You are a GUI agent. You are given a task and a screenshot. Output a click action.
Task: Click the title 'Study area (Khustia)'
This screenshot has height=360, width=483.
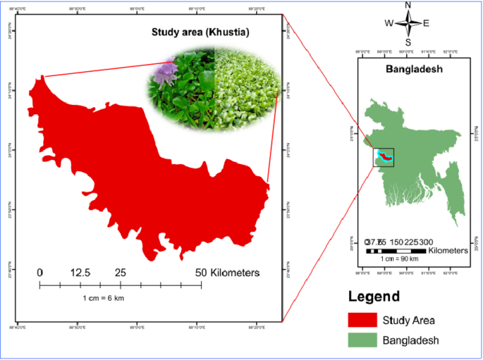201,32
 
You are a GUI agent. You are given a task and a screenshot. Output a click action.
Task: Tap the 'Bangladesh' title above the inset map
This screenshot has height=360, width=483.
413,70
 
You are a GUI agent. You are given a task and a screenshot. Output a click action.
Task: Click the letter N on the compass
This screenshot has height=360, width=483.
408,6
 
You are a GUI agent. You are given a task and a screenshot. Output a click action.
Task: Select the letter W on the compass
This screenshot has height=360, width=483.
389,23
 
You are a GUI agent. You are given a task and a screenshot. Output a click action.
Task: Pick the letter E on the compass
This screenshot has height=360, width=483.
426,23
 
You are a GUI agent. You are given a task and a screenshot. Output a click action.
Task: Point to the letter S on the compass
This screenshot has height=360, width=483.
408,41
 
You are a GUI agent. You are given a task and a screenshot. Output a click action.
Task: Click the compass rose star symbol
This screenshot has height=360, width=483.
408,23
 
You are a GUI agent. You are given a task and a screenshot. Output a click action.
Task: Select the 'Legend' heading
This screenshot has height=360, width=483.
374,297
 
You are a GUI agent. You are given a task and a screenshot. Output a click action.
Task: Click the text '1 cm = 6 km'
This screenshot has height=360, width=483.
104,298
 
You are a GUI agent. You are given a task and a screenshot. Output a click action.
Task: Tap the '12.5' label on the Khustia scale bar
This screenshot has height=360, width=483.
80,273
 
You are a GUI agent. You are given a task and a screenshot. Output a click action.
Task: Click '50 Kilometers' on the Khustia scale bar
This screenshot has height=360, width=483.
227,273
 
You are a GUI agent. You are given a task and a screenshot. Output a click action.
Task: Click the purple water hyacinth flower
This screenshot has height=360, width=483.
168,69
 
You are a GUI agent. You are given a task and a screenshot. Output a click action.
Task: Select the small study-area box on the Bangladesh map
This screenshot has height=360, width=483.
384,156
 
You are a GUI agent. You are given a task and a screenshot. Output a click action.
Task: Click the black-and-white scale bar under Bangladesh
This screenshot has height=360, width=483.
396,251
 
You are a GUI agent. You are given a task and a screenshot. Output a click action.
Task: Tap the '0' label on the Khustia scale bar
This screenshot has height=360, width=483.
40,273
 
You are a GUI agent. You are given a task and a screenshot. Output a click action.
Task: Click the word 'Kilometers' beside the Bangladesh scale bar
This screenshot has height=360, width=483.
448,250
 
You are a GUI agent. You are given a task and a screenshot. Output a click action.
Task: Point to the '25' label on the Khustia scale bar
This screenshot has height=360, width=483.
121,273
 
